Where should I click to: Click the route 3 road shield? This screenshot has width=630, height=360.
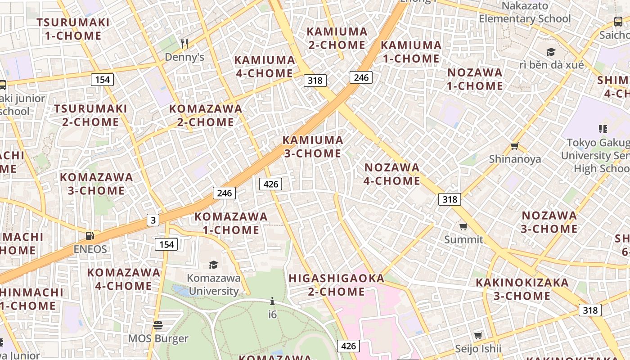(x=153, y=220)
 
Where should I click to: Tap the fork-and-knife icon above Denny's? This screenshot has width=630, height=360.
(x=184, y=43)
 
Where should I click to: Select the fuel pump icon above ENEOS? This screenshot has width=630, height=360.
(x=90, y=236)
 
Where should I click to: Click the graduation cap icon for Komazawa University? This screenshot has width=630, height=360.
(x=213, y=265)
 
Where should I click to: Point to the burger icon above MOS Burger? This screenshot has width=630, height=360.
(x=158, y=325)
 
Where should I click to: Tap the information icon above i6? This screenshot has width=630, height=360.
(x=272, y=301)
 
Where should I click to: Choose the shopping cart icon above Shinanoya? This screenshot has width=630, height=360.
(x=515, y=146)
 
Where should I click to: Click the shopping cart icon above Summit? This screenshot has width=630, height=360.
(x=463, y=226)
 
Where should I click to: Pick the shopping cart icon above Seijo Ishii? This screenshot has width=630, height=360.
(x=478, y=335)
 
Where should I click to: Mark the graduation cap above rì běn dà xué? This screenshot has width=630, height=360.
(x=551, y=52)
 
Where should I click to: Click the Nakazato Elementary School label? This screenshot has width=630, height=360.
(x=525, y=13)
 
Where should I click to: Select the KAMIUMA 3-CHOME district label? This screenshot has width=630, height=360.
(x=313, y=147)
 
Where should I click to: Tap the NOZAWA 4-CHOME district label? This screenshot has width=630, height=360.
(x=392, y=174)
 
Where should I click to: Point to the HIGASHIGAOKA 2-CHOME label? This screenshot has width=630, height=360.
(x=337, y=285)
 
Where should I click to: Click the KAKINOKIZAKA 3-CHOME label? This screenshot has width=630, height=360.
(x=522, y=289)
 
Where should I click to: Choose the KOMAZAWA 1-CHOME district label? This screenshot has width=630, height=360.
(x=231, y=223)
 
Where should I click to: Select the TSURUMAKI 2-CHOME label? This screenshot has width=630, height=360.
(x=91, y=115)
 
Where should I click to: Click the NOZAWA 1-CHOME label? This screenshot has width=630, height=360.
(x=475, y=79)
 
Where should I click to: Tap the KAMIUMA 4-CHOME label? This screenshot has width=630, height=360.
(x=265, y=67)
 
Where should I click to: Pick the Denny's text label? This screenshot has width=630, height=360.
(x=184, y=57)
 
